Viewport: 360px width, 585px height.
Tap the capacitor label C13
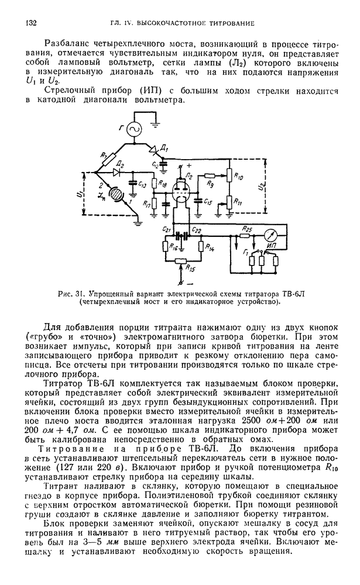coord(143,186)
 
